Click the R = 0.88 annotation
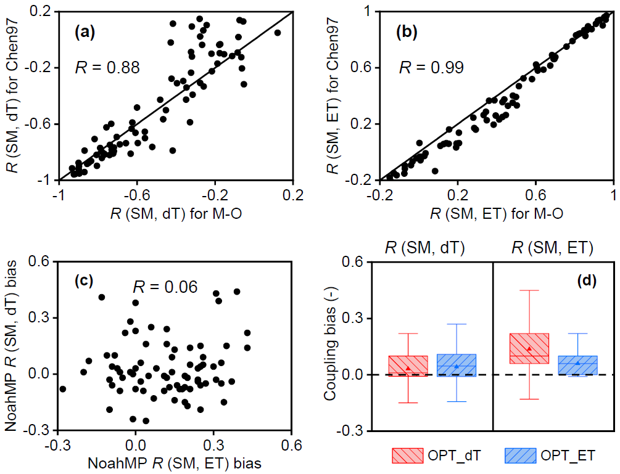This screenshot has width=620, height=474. click(x=108, y=67)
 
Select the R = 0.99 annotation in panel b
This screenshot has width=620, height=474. click(x=431, y=67)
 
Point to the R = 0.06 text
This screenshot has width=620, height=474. click(x=165, y=287)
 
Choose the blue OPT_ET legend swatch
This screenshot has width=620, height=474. click(x=519, y=455)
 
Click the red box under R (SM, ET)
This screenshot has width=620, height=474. click(x=529, y=348)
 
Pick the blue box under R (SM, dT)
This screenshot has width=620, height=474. click(x=456, y=366)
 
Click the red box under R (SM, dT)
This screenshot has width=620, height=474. click(x=408, y=366)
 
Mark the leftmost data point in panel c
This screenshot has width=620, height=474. click(x=62, y=389)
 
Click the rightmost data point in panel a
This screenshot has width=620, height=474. click(x=277, y=33)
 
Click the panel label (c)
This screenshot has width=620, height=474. click(x=83, y=282)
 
